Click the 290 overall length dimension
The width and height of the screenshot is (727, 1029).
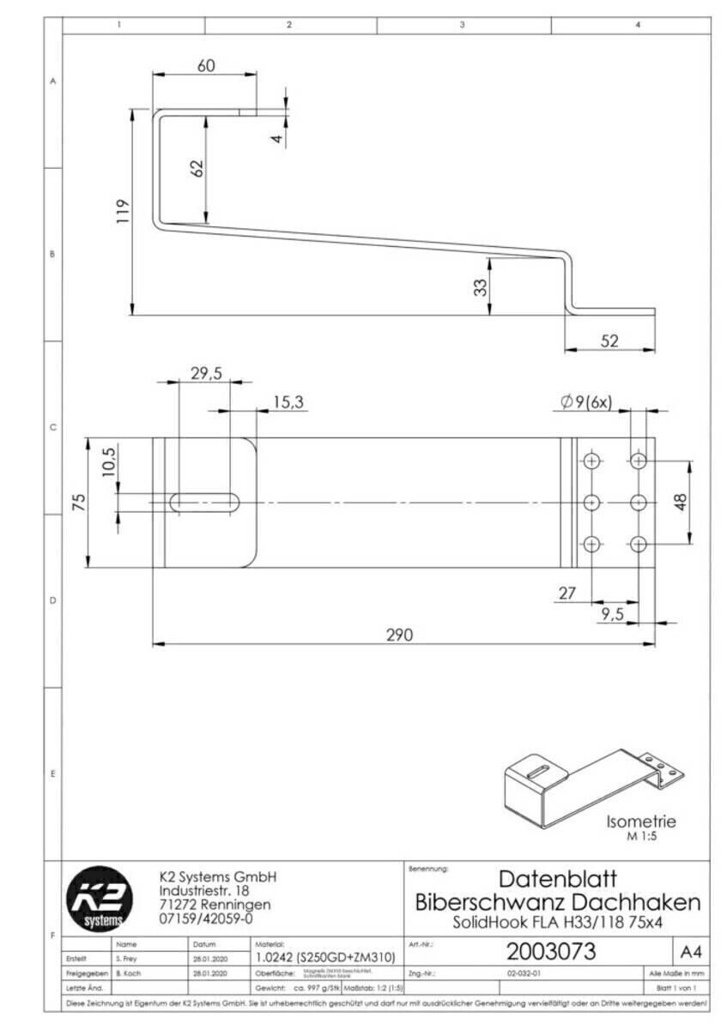[x=399, y=635]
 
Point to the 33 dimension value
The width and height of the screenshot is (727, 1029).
[x=481, y=286]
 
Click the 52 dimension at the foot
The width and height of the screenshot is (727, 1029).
[x=609, y=340]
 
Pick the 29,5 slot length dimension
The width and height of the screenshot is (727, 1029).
[x=205, y=373]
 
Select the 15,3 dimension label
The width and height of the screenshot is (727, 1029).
[x=289, y=401]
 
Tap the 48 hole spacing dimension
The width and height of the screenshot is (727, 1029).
[x=682, y=502]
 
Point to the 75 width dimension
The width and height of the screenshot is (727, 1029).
[x=77, y=502]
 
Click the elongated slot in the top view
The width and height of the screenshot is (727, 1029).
[x=204, y=502]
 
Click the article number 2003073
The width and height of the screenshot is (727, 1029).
[x=551, y=952]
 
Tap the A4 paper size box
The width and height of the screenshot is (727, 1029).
[x=690, y=952]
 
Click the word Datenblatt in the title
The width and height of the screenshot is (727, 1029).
[x=557, y=879]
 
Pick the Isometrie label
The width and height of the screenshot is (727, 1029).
[x=640, y=821]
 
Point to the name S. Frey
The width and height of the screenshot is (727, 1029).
[x=126, y=958]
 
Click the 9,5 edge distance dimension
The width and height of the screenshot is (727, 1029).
[x=612, y=613]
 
